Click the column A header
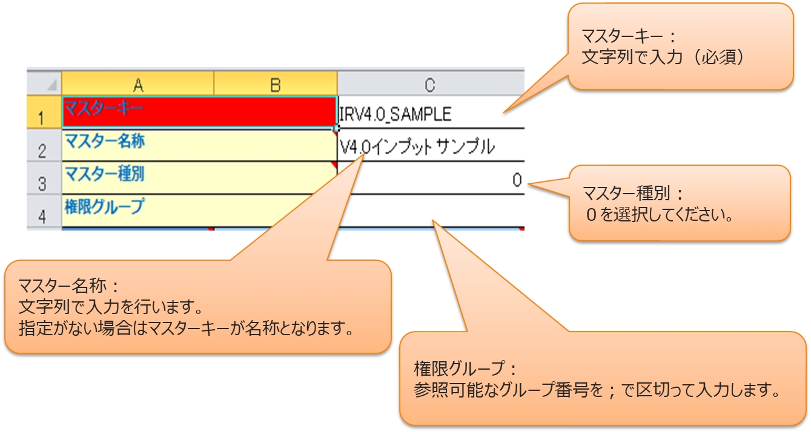(138, 85)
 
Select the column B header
(276, 85)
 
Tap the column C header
(429, 85)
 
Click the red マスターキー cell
(200, 112)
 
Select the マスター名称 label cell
(200, 145)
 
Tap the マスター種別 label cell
(200, 178)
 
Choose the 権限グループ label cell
(200, 210)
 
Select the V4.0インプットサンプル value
(417, 147)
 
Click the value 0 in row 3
(517, 180)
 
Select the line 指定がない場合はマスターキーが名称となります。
(186, 330)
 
